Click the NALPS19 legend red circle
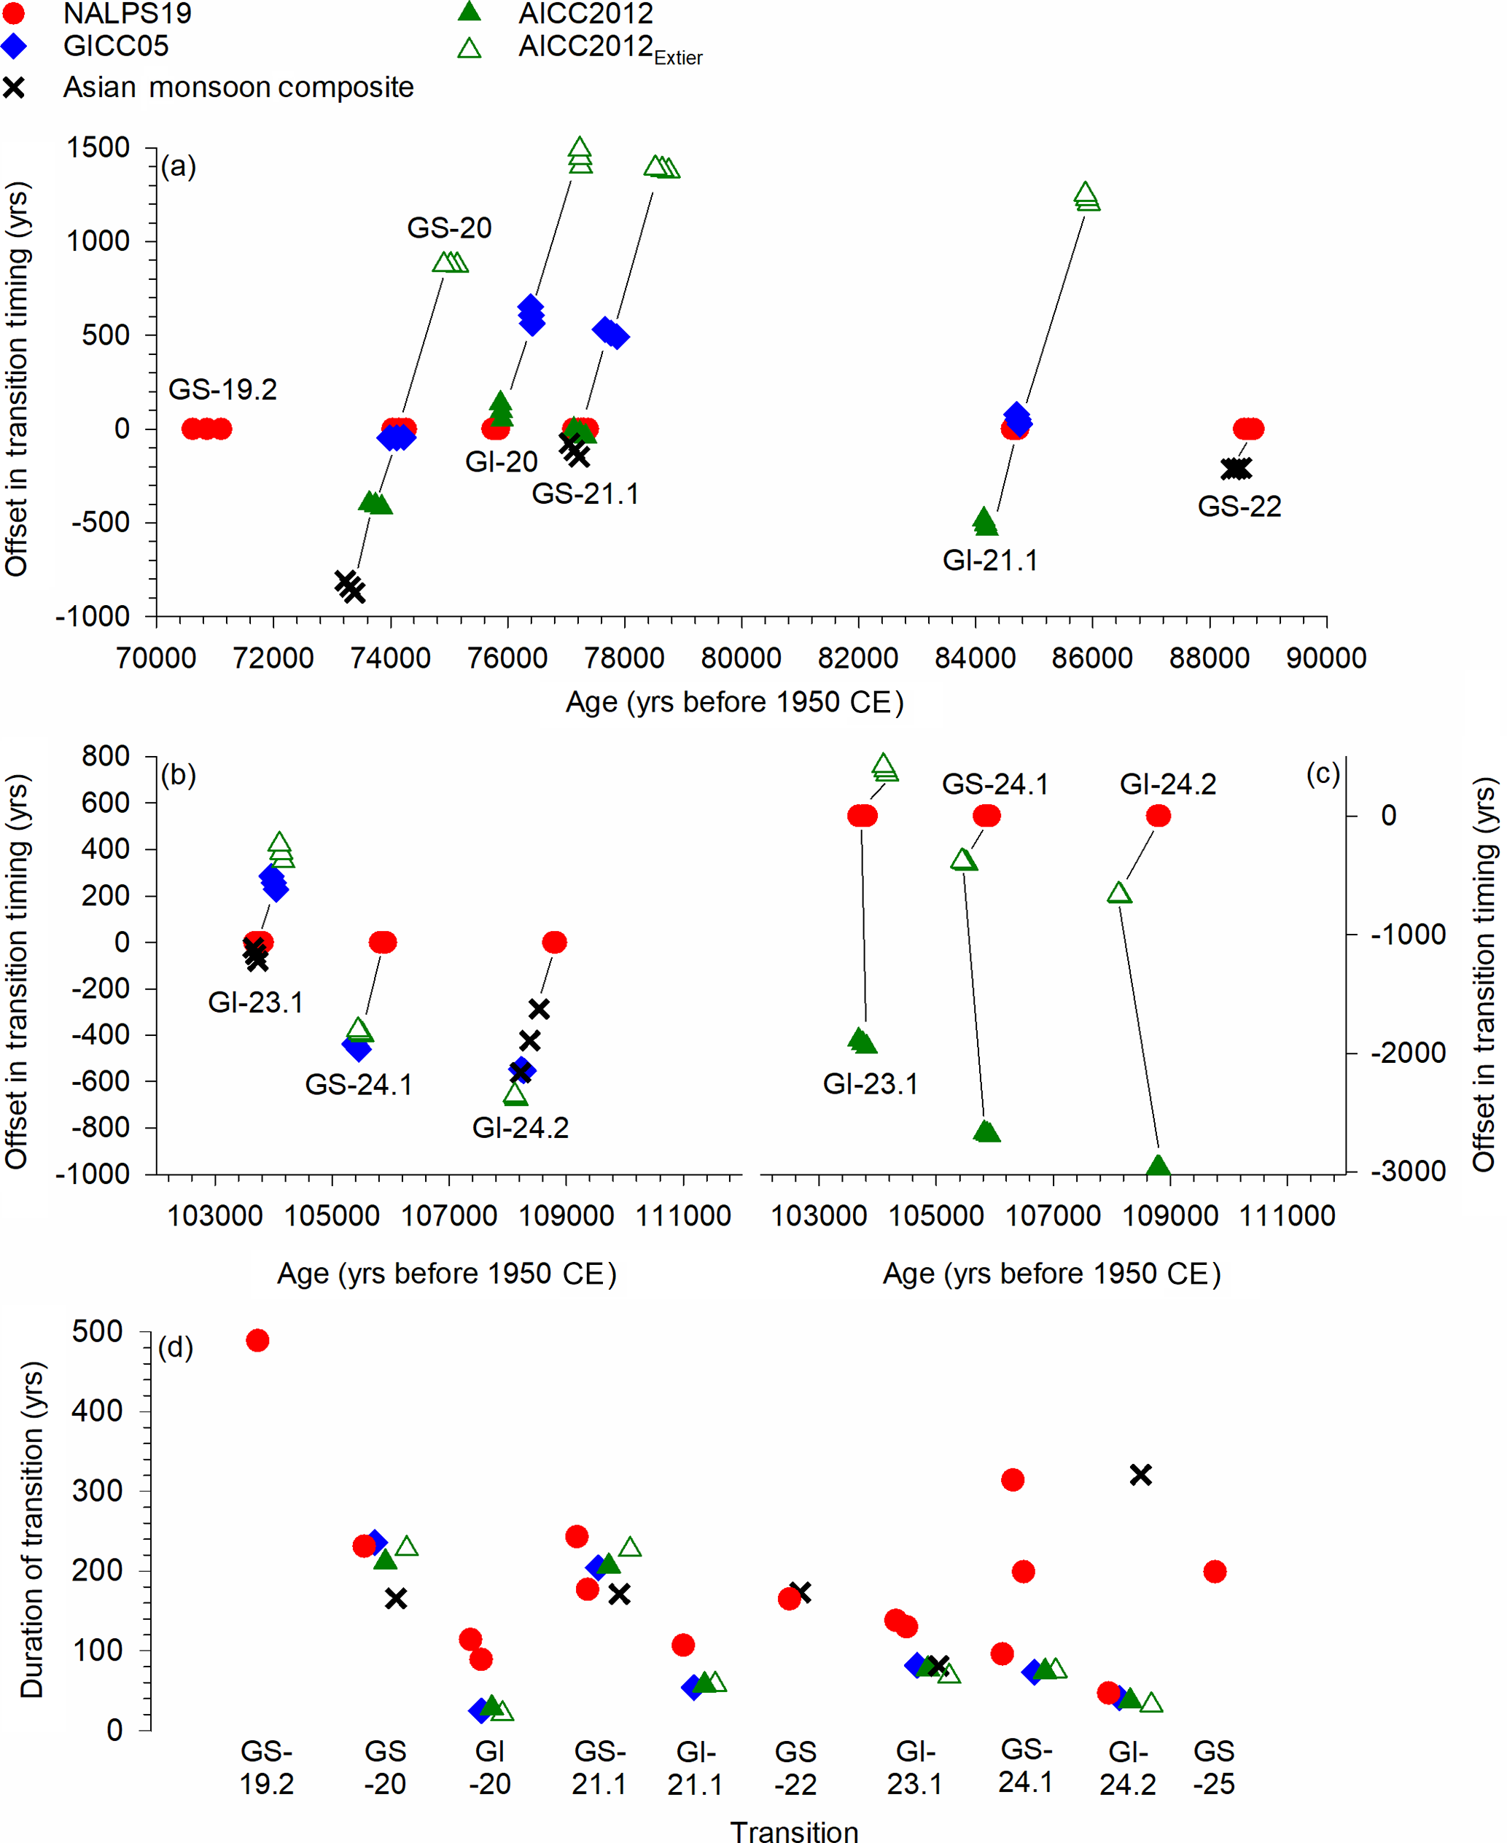pyautogui.click(x=14, y=13)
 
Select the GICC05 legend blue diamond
pyautogui.click(x=14, y=46)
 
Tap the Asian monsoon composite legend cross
pyautogui.click(x=14, y=87)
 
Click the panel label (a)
pyautogui.click(x=179, y=165)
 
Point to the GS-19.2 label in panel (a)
pyautogui.click(x=222, y=389)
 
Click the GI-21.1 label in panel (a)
pyautogui.click(x=989, y=560)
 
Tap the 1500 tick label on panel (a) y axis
pyautogui.click(x=98, y=147)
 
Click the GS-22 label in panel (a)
pyautogui.click(x=1239, y=506)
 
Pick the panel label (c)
pyautogui.click(x=1322, y=774)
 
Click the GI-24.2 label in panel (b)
pyautogui.click(x=520, y=1128)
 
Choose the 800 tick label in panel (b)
pyautogui.click(x=105, y=756)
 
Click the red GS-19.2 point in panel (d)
pyautogui.click(x=257, y=1341)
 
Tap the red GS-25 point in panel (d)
pyautogui.click(x=1215, y=1571)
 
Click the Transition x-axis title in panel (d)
pyautogui.click(x=793, y=1830)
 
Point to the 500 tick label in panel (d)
pyautogui.click(x=96, y=1332)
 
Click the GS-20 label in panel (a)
pyautogui.click(x=449, y=227)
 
